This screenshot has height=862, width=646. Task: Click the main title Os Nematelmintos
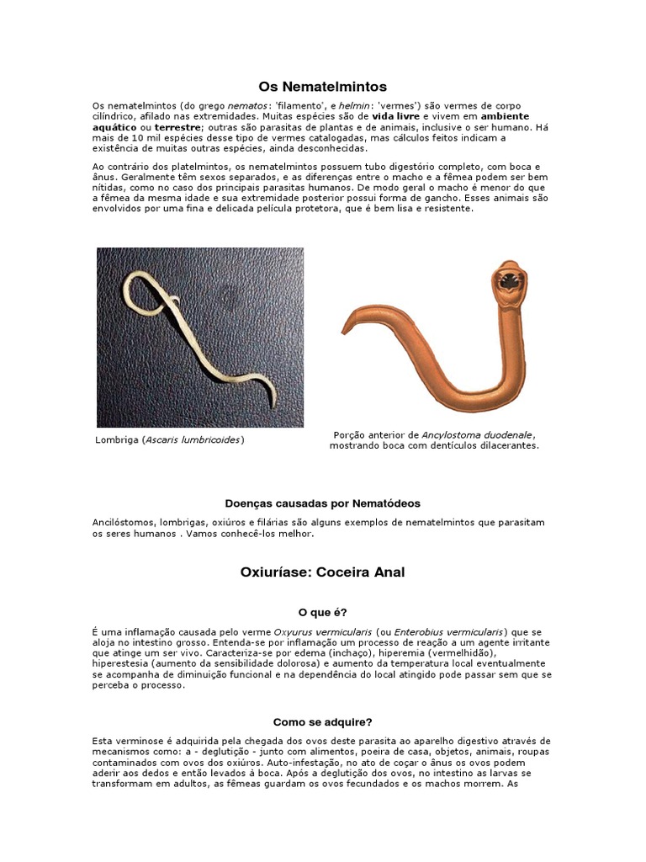322,87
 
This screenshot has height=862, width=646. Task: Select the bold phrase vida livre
394,116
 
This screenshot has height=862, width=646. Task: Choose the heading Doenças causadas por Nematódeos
322,503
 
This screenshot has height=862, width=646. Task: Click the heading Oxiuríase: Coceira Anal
322,572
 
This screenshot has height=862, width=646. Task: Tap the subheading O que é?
322,613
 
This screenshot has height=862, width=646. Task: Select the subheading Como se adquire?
322,721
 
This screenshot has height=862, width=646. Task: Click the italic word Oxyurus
295,631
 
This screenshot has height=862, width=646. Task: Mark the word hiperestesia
123,663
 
